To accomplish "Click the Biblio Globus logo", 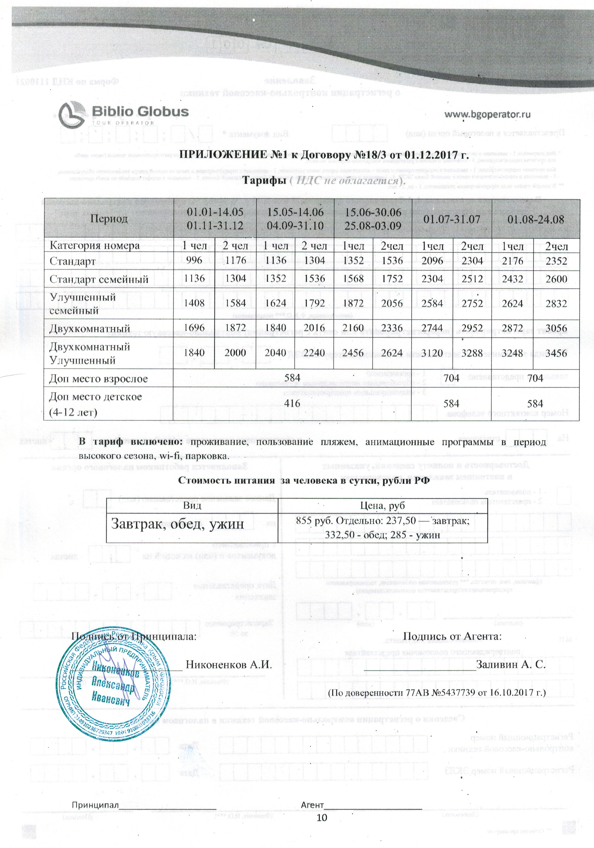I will click(x=123, y=114).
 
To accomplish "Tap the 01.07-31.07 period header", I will click(x=451, y=219).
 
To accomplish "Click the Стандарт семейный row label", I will click(x=99, y=279).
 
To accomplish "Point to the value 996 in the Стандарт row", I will click(x=194, y=260).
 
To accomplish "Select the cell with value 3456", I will click(x=556, y=353).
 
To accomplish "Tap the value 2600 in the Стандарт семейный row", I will click(x=556, y=279).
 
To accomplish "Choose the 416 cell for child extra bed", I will click(x=292, y=403).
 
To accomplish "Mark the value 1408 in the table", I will click(x=194, y=303).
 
